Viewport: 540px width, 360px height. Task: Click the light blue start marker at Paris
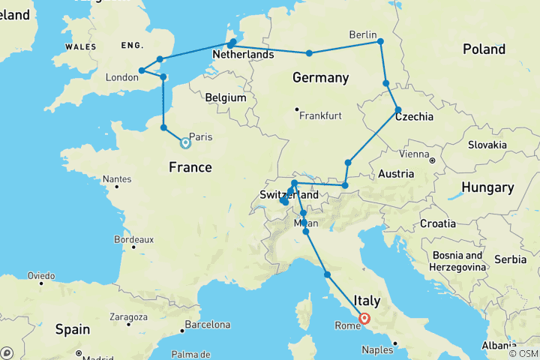(185, 142)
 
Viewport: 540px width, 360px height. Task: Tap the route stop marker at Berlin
(381, 42)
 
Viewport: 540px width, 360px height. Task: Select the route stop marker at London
(142, 71)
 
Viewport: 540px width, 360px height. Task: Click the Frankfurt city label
(320, 116)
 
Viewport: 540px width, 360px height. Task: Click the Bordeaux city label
(134, 240)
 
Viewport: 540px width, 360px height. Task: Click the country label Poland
(484, 49)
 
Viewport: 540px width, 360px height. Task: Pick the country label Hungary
(487, 187)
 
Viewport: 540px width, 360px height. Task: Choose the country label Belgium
(226, 97)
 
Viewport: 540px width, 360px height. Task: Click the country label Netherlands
(242, 55)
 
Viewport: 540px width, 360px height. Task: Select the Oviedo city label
(40, 276)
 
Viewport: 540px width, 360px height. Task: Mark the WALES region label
(81, 46)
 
